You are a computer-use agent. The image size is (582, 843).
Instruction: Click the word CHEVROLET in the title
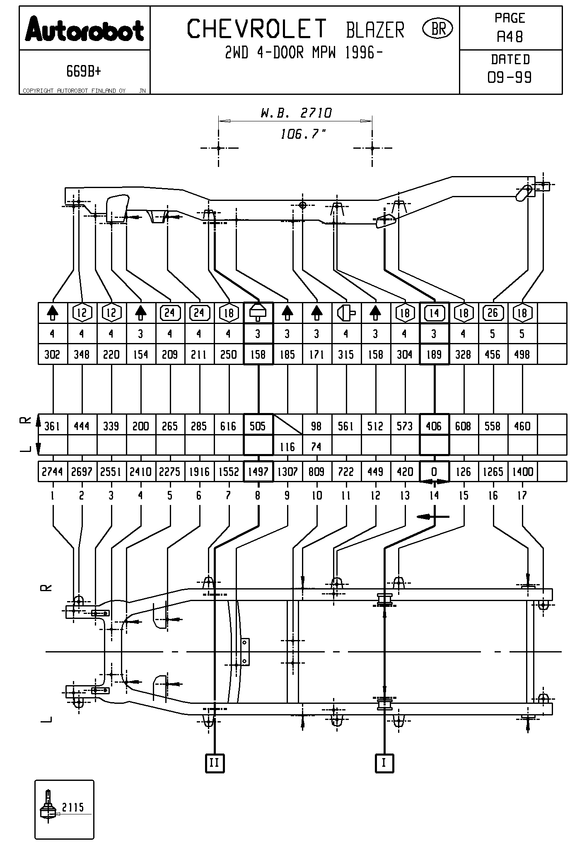257,29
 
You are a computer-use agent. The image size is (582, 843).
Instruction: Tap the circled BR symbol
437,29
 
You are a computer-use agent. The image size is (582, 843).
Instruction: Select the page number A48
510,37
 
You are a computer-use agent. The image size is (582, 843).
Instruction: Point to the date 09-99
510,77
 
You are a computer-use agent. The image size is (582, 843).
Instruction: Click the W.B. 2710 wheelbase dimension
296,113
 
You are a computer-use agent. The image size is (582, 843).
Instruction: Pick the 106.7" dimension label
303,134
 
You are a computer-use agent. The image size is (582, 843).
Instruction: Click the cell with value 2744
52,472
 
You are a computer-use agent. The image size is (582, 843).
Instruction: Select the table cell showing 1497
258,472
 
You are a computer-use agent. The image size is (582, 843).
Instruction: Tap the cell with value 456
493,355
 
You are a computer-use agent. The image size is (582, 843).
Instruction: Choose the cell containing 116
287,447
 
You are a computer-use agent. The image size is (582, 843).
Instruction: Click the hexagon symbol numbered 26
493,313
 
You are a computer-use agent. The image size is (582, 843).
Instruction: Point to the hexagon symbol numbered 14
434,313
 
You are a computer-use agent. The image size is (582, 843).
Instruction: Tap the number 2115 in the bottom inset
73,807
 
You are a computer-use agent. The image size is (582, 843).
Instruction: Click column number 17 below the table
522,495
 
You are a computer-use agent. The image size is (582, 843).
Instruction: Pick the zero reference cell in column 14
434,472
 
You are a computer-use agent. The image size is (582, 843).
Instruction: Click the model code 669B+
84,72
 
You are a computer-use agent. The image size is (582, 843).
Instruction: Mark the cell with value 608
463,426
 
